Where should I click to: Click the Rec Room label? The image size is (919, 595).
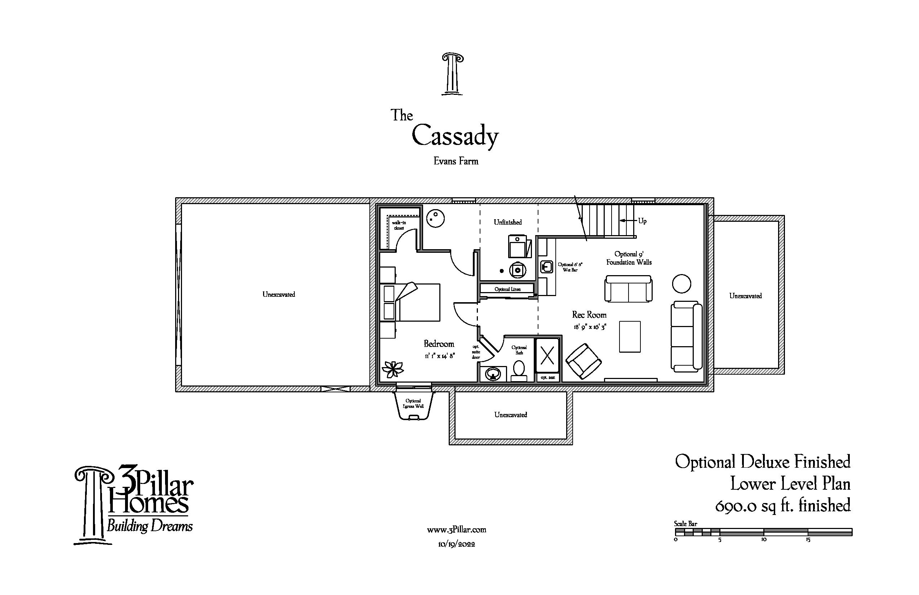589,315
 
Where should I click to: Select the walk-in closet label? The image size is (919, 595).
399,225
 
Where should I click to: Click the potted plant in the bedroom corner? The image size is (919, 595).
392,369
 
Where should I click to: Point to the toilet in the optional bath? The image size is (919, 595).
519,370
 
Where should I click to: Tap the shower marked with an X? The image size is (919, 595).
547,356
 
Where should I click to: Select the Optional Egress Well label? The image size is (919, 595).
413,404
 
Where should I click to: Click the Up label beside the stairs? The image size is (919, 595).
642,221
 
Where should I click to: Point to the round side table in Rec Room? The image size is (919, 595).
681,283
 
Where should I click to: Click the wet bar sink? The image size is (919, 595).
546,267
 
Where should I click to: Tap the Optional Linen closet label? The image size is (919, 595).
507,289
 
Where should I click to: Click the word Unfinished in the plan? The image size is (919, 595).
507,222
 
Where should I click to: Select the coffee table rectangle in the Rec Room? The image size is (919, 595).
629,336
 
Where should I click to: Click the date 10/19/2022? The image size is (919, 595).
456,545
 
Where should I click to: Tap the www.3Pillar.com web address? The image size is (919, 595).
456,530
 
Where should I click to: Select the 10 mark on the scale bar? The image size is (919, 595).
763,539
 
